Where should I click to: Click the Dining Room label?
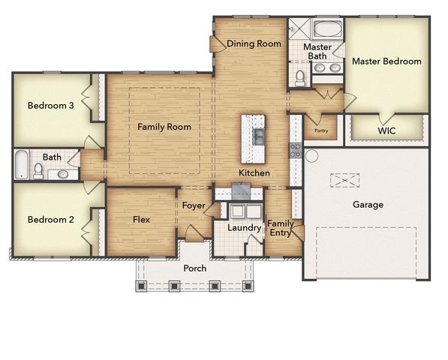coord(254,43)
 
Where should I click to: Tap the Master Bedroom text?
coord(386,61)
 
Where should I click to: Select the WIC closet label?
coord(386,130)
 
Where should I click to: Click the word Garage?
coord(368,204)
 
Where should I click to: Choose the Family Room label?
coord(164,127)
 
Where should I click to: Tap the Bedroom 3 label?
coord(50,106)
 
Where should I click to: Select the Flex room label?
coord(141,220)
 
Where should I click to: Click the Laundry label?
coord(243,227)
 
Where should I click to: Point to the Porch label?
coord(194,268)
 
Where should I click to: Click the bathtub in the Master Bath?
coord(328,31)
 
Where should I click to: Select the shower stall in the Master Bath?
coord(298,30)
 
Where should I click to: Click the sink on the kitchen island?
coord(257,136)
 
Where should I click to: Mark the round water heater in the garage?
coord(311,155)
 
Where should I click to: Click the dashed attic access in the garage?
coord(345,180)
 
